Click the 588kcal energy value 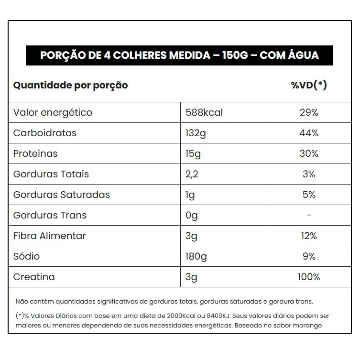(x=204, y=113)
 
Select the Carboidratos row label (x=45, y=133)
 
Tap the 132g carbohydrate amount (x=196, y=133)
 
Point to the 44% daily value (x=309, y=133)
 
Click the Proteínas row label (x=35, y=154)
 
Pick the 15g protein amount (x=193, y=154)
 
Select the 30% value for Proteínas (x=309, y=154)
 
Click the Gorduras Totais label (x=51, y=175)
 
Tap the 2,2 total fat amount (x=192, y=175)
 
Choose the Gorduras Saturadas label (x=62, y=195)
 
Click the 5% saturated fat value (x=309, y=195)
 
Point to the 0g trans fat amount (x=191, y=216)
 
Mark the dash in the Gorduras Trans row (x=309, y=216)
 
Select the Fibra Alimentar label (x=50, y=236)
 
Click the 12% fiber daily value (x=309, y=236)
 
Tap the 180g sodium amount (x=196, y=257)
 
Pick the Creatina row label (x=34, y=277)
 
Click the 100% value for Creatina (x=309, y=277)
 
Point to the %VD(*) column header (x=309, y=86)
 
